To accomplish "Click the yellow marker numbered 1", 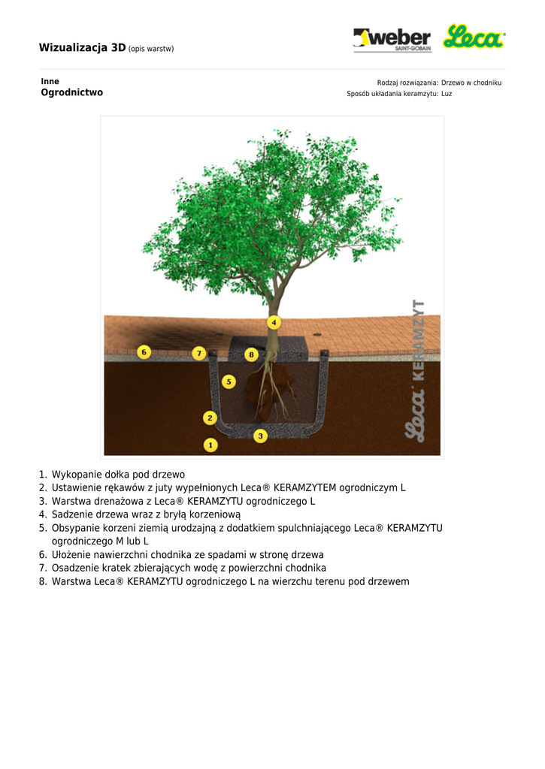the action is [210, 445].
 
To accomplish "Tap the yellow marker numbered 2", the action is [210, 418].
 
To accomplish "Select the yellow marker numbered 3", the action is [260, 436].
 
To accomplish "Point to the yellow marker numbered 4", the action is [274, 322].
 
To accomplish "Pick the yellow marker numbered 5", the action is [229, 381].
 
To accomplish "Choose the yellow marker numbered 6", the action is [144, 351].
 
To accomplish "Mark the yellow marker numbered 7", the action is [198, 352].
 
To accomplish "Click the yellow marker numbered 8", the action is [252, 354].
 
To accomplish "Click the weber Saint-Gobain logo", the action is [392, 39].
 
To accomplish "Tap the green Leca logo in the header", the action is [474, 37].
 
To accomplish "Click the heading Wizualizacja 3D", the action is [82, 48].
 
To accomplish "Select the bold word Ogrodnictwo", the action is [71, 93].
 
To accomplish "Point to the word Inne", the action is [50, 81].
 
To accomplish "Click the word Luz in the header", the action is [447, 94].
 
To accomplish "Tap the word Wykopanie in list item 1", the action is [75, 475].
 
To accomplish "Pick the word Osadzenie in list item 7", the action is [74, 568].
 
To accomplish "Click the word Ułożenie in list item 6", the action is [72, 554].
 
